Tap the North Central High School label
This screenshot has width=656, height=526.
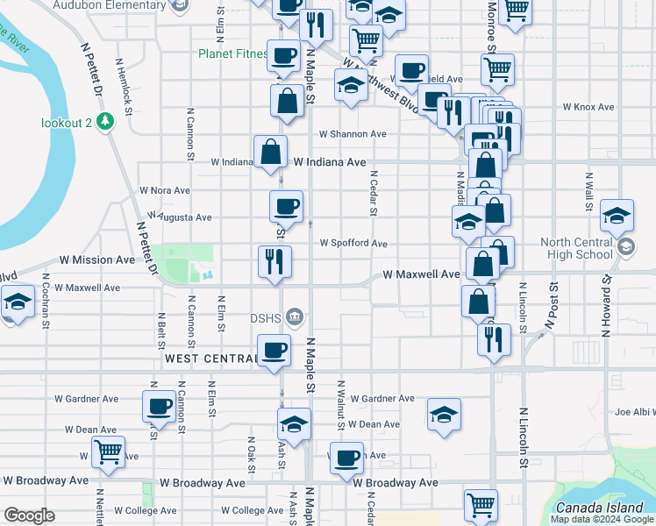click(x=576, y=248)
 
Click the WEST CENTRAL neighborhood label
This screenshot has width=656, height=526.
click(x=209, y=359)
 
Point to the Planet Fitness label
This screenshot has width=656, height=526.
click(x=232, y=53)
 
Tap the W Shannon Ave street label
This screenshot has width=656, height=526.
click(x=353, y=134)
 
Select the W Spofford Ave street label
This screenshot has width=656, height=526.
click(x=353, y=243)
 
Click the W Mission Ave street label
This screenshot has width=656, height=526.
click(x=97, y=260)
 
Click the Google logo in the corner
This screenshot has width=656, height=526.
click(x=29, y=515)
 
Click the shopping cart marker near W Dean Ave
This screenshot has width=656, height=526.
click(x=108, y=452)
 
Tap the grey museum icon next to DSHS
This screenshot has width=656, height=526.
click(x=295, y=316)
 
